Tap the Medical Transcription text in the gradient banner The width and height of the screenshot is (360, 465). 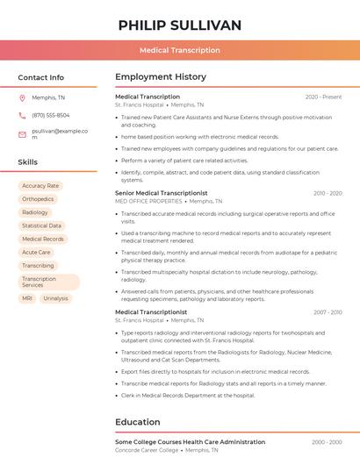[x=179, y=50]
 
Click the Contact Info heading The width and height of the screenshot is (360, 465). [x=40, y=77]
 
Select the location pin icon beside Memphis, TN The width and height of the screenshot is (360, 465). [x=22, y=98]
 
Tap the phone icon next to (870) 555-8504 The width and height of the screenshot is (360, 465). [x=22, y=115]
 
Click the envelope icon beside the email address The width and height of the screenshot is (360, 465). [x=22, y=134]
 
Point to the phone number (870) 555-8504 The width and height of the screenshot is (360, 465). [x=51, y=115]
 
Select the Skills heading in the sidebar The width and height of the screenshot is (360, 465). [x=27, y=162]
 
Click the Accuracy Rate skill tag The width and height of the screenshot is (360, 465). [x=40, y=186]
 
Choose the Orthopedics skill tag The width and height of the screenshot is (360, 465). [x=38, y=199]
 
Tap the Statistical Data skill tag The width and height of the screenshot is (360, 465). [x=41, y=225]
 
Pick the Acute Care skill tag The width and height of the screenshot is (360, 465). [x=36, y=252]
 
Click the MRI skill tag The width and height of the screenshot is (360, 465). [x=27, y=298]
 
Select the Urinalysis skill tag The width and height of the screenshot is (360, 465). [x=55, y=298]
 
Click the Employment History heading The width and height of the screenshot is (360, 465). [x=161, y=77]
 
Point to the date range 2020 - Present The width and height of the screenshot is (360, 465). [x=323, y=97]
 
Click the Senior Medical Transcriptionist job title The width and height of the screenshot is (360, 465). [x=161, y=193]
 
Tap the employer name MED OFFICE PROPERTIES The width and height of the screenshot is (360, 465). [x=148, y=201]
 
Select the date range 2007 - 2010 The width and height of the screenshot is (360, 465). [x=327, y=311]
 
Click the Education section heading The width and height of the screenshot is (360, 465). [x=137, y=421]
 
